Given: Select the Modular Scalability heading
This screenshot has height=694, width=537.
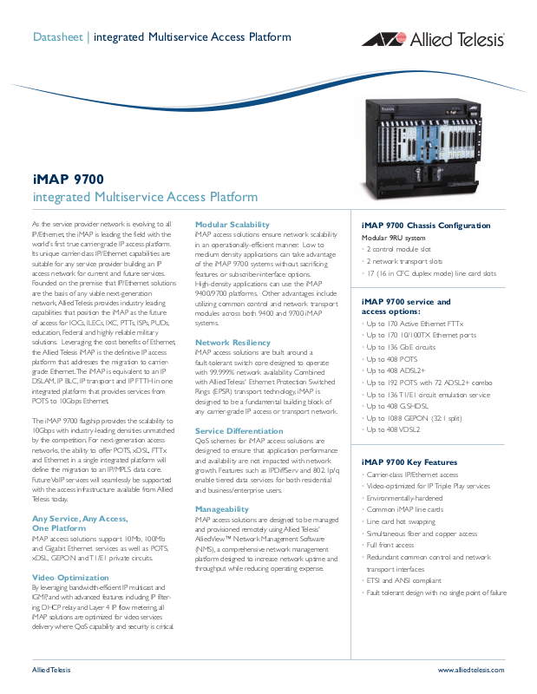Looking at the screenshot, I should pyautogui.click(x=232, y=224).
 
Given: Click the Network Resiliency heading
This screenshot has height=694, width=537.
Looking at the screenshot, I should pyautogui.click(x=232, y=343).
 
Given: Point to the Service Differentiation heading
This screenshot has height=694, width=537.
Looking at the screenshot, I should pyautogui.click(x=239, y=430).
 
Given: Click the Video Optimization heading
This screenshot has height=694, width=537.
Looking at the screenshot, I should pyautogui.click(x=70, y=577).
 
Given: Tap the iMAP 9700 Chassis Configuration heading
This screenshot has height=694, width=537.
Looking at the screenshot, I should pyautogui.click(x=425, y=226).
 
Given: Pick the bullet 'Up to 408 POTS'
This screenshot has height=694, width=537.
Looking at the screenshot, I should pyautogui.click(x=392, y=358).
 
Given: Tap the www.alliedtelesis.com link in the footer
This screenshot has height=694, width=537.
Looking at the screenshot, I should pyautogui.click(x=470, y=671).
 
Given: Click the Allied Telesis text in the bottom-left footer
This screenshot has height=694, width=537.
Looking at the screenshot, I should pyautogui.click(x=51, y=671).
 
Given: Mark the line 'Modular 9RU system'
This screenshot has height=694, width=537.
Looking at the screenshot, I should pyautogui.click(x=394, y=238).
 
